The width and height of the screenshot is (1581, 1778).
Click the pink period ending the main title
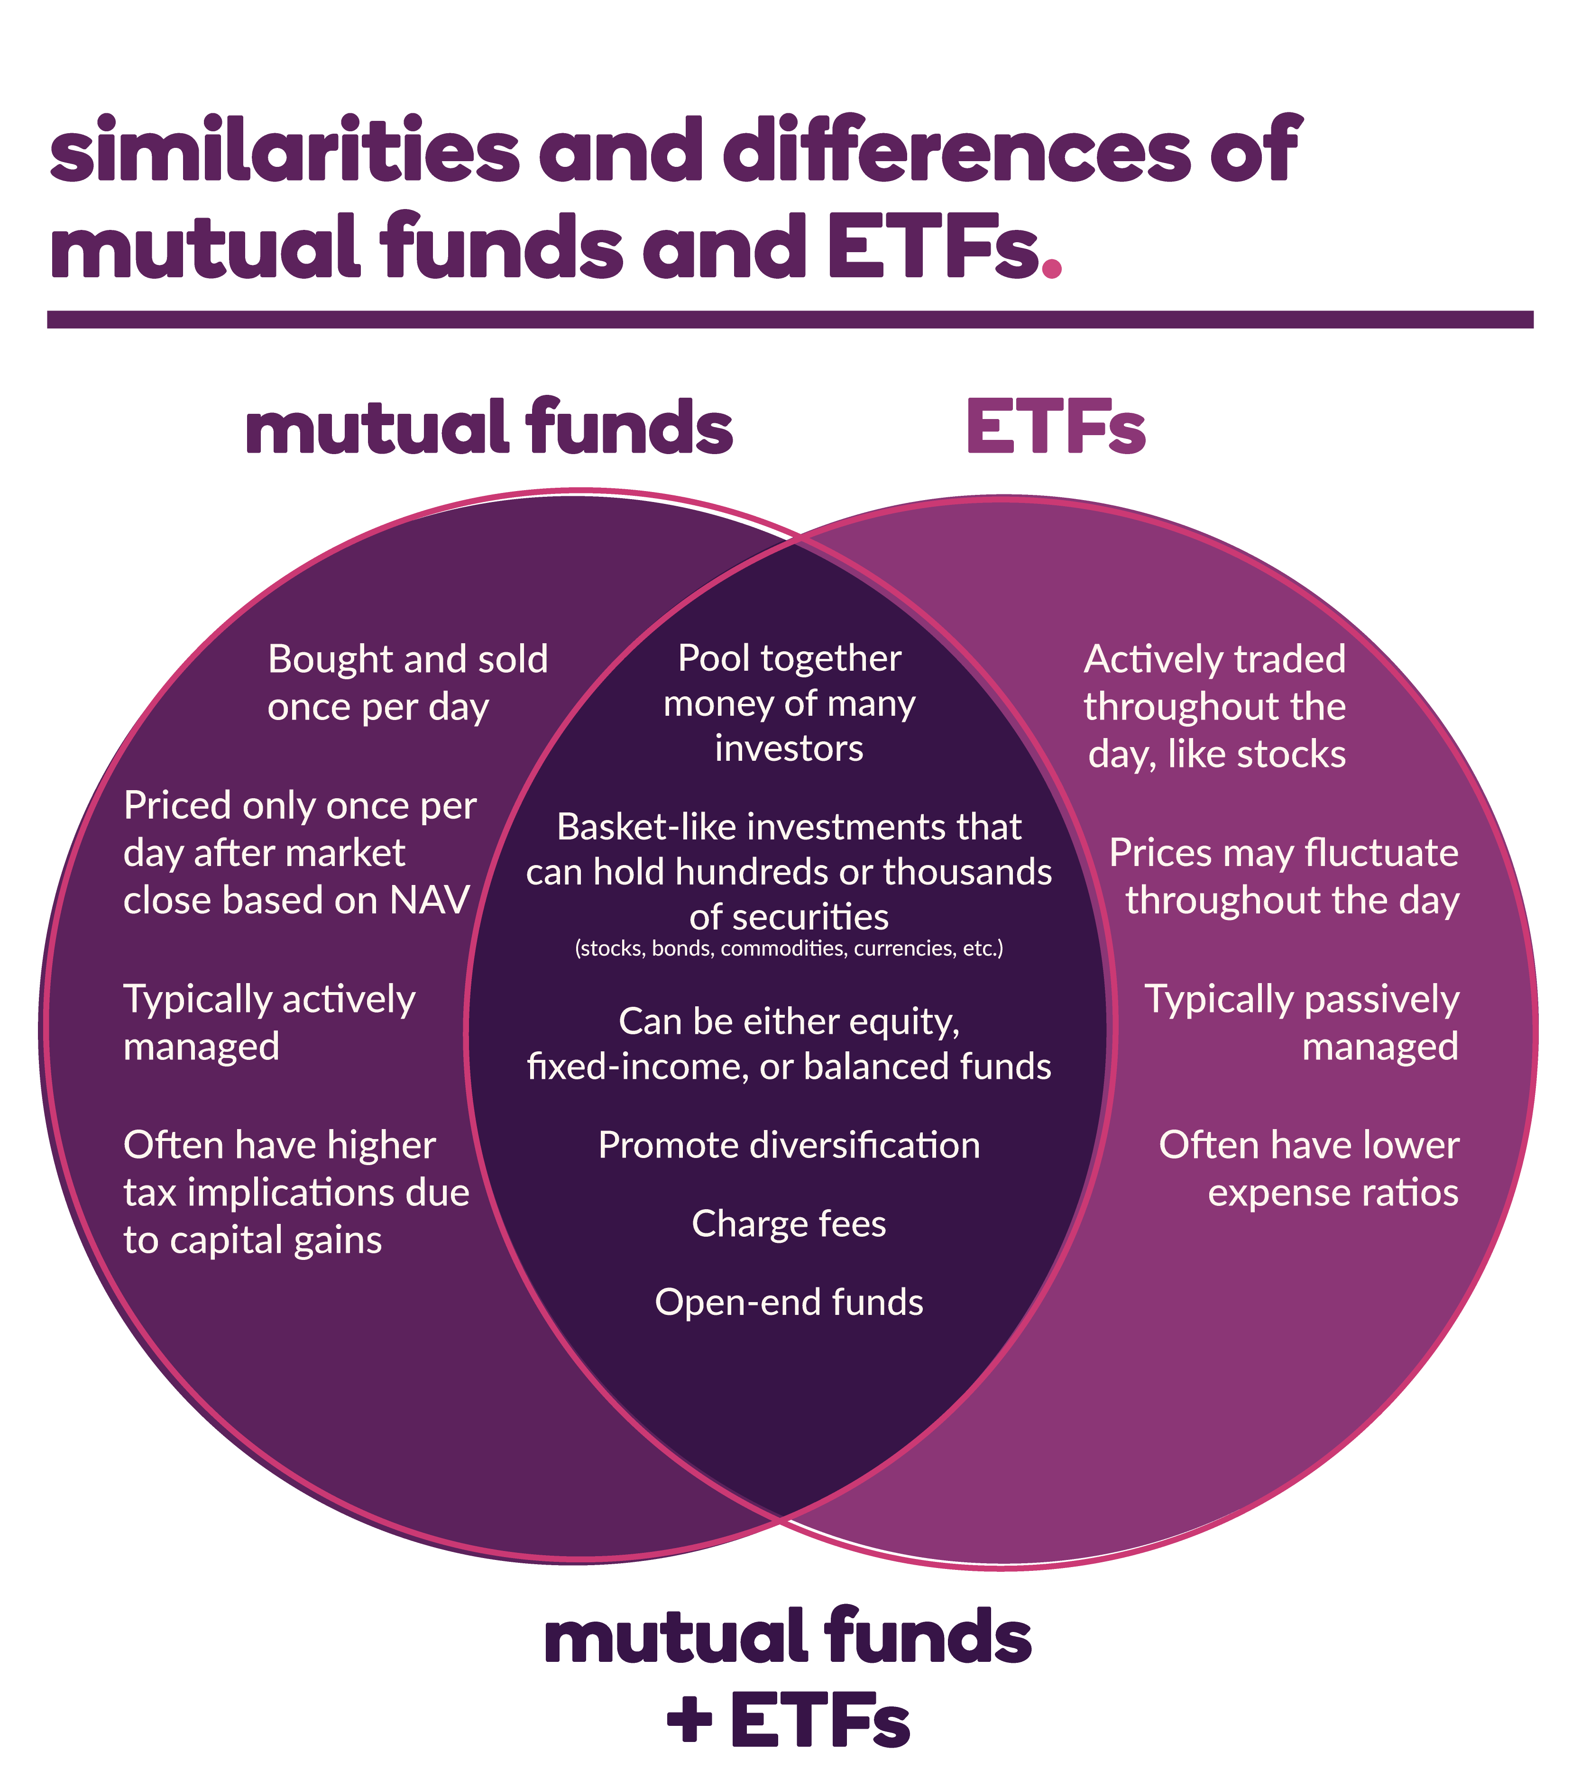tap(1052, 267)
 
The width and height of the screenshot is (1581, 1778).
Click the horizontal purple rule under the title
tap(790, 319)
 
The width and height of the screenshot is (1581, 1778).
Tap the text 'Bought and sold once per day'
tap(407, 684)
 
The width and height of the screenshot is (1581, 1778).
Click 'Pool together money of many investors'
tap(789, 703)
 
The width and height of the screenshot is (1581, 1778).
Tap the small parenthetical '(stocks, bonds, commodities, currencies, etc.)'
tap(789, 948)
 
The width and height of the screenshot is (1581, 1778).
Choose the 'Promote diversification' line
tap(789, 1146)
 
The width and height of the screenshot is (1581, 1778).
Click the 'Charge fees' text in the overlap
tap(789, 1224)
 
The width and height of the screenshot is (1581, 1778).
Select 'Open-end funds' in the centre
tap(789, 1303)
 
